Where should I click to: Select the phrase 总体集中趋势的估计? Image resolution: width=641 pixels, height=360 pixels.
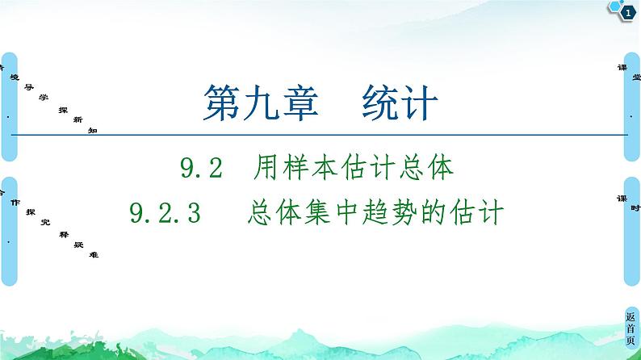point(376,213)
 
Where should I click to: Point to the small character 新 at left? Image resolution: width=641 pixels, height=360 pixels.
point(78,119)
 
